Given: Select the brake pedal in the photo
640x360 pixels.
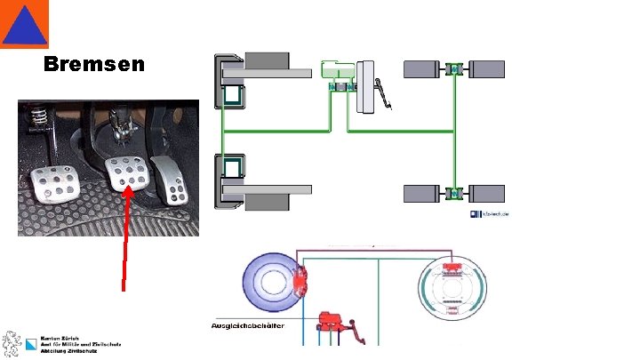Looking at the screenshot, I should click(125, 175).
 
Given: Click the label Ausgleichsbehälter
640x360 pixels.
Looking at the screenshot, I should click(247, 325).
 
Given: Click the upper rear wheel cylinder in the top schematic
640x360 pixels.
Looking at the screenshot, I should click(454, 68).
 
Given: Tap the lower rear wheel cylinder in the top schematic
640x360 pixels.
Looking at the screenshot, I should click(454, 192).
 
